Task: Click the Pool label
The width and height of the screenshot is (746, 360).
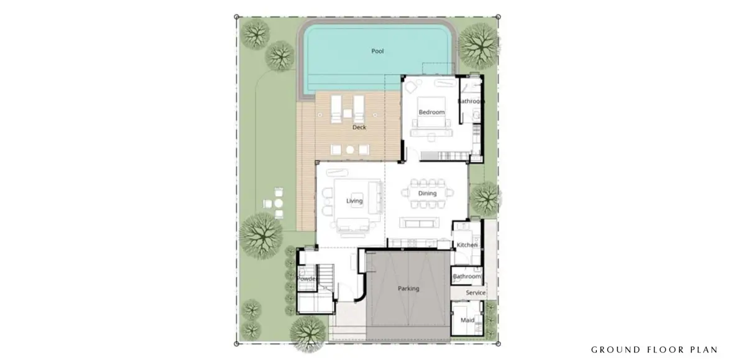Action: pyautogui.click(x=377, y=51)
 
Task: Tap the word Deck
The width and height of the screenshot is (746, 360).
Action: pyautogui.click(x=359, y=127)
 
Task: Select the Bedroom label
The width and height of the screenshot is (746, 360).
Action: pyautogui.click(x=431, y=113)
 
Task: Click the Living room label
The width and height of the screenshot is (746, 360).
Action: pyautogui.click(x=354, y=201)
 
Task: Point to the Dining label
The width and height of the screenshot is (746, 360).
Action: pyautogui.click(x=427, y=193)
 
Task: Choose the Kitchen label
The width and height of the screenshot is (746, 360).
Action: pyautogui.click(x=467, y=245)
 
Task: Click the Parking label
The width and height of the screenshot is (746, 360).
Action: pyautogui.click(x=408, y=288)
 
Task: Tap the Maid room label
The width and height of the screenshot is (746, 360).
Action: pyautogui.click(x=467, y=320)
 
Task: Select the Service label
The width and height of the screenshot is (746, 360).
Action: pyautogui.click(x=476, y=293)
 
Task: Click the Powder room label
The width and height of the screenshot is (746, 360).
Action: pyautogui.click(x=306, y=279)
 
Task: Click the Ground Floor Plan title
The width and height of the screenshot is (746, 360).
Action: pyautogui.click(x=655, y=349)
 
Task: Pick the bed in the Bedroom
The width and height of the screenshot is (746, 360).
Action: pyautogui.click(x=431, y=113)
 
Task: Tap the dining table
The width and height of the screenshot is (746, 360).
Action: pyautogui.click(x=427, y=193)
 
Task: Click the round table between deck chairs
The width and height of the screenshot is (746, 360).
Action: pyautogui.click(x=349, y=150)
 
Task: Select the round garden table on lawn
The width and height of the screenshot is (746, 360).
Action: pyautogui.click(x=279, y=203)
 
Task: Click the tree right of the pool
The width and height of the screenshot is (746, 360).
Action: pyautogui.click(x=479, y=45)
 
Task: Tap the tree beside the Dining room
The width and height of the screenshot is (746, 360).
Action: pyautogui.click(x=486, y=199)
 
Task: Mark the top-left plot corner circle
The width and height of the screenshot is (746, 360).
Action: pyautogui.click(x=236, y=17)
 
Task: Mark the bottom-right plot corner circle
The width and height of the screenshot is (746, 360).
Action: pyautogui.click(x=498, y=344)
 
